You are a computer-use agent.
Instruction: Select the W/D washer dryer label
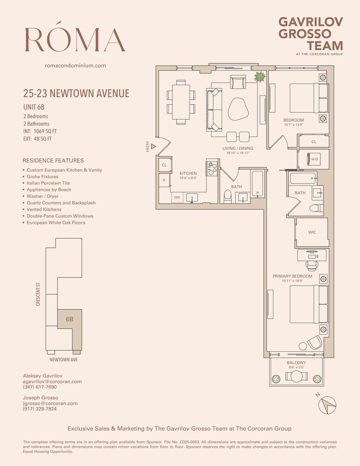point(314,159)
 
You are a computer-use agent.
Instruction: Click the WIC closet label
point(312,232)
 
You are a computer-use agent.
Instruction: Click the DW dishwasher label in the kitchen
point(177,198)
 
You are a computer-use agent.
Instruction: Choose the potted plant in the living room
point(259,76)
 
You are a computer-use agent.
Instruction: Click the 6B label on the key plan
point(69,320)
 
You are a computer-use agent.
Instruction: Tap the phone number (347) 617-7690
point(40,387)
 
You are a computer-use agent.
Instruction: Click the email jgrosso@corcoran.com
point(50,403)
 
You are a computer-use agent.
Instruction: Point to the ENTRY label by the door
point(148,147)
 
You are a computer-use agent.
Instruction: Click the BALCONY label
point(296,363)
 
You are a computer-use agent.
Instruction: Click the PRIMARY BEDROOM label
point(292,276)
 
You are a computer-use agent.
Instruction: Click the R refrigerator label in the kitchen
point(164,180)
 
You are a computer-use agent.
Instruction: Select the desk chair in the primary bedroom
point(311,264)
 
